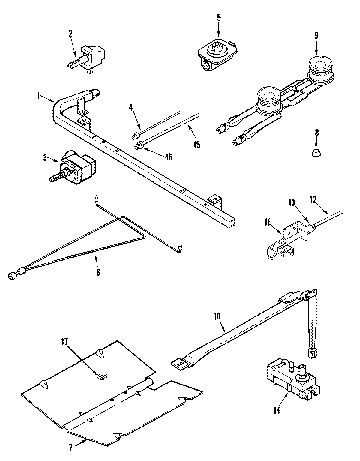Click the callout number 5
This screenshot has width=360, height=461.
pyautogui.click(x=219, y=18)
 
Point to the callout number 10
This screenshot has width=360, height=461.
pyautogui.click(x=217, y=316)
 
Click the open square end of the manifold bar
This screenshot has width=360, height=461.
pyautogui.click(x=231, y=222)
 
